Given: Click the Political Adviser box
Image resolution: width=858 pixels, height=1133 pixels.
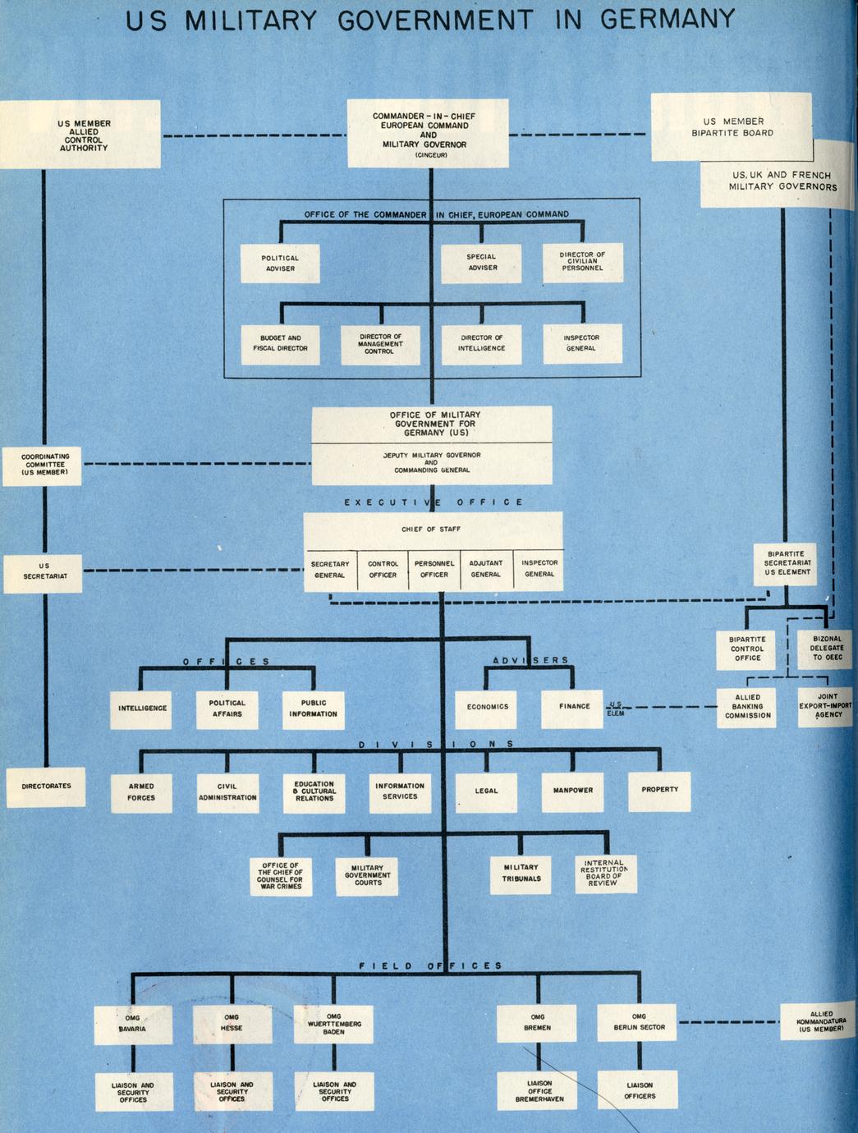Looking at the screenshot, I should click(279, 264).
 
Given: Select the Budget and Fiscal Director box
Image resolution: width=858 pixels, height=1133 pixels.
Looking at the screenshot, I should click(280, 343).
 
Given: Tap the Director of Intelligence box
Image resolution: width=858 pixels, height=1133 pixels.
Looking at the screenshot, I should click(482, 343).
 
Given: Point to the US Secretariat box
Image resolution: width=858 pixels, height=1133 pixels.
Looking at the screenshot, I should click(44, 571).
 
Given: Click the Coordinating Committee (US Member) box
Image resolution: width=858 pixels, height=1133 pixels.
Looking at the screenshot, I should click(45, 465).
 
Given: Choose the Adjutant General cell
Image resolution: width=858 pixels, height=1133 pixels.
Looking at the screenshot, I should click(485, 569).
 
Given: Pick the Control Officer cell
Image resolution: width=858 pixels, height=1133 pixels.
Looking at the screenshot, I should click(383, 569).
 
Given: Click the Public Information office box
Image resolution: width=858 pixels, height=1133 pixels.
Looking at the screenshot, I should click(313, 709).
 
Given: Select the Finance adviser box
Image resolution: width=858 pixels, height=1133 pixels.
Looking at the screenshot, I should click(574, 707).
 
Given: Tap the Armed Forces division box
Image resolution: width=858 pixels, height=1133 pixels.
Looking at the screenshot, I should click(141, 791).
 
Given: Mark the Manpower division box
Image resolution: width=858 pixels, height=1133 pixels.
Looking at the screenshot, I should click(572, 791).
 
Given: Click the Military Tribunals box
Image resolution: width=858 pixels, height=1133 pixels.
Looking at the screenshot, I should click(521, 873).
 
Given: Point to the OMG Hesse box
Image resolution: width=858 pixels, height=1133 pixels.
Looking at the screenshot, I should click(232, 1023).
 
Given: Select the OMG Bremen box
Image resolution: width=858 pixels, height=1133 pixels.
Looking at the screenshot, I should click(538, 1022).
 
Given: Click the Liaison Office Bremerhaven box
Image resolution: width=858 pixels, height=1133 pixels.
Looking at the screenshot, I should click(539, 1091).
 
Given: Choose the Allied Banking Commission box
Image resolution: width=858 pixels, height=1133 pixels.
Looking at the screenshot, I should click(747, 706).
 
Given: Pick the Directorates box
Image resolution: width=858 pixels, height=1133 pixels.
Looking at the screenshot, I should click(46, 787).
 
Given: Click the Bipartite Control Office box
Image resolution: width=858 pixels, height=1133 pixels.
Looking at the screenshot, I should click(747, 649).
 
